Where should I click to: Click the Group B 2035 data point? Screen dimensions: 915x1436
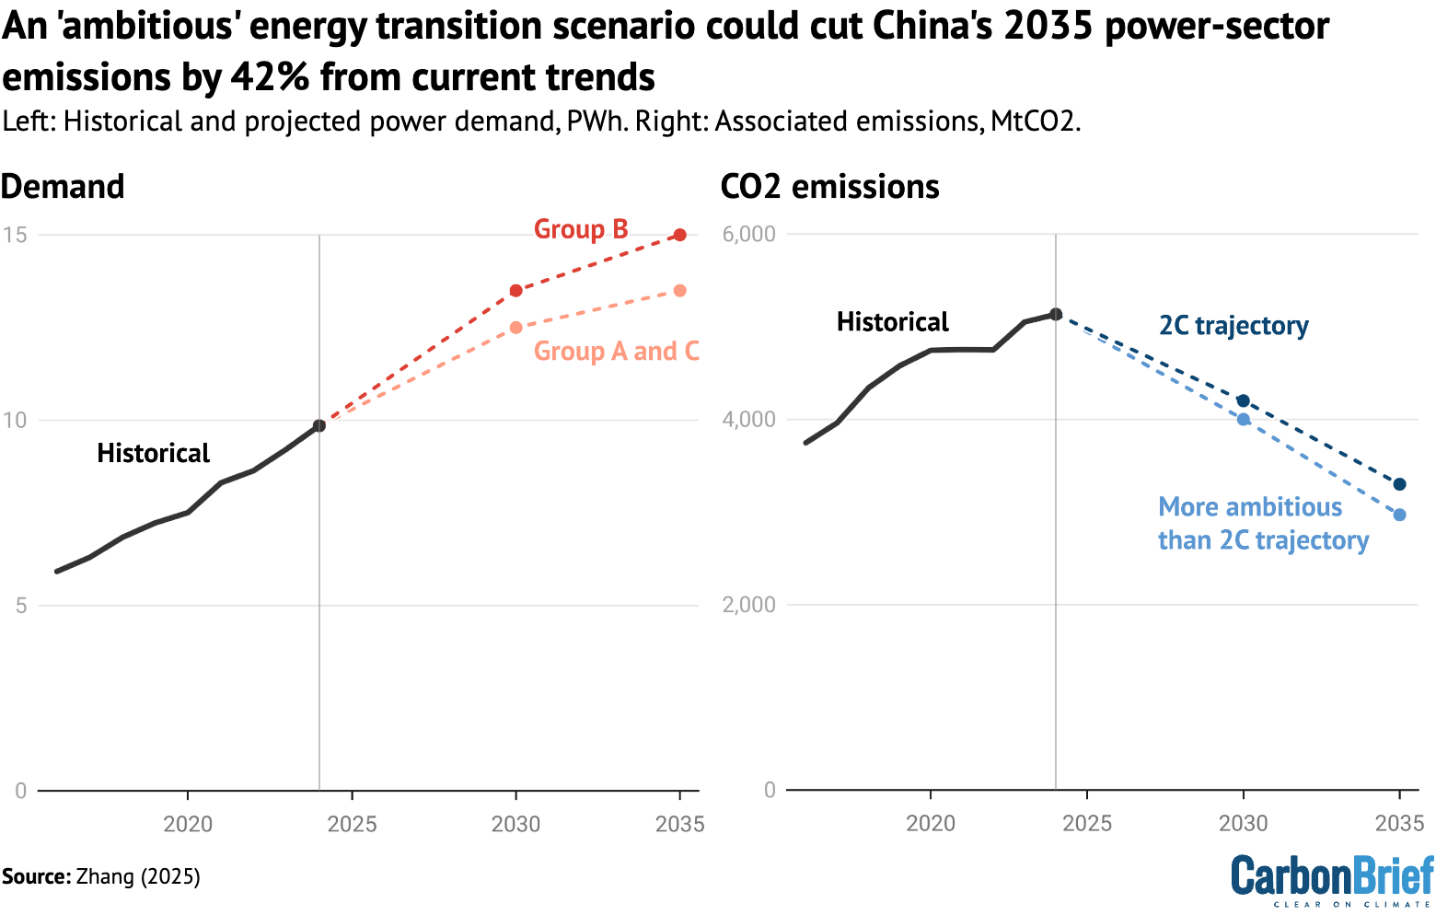[680, 235]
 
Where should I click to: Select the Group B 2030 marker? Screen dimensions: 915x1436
[516, 291]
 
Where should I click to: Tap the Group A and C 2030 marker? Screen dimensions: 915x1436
[516, 328]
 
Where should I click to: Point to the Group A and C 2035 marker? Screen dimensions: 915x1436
[680, 291]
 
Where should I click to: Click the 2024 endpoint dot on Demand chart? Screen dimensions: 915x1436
[319, 425]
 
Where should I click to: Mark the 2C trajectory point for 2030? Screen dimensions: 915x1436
[1244, 400]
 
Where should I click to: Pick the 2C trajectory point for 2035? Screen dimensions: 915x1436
[1400, 484]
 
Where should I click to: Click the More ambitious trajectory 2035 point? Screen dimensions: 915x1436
[1400, 515]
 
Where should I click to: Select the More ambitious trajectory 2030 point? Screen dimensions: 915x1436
[1244, 420]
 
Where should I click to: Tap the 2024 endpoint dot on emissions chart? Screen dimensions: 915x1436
[1056, 314]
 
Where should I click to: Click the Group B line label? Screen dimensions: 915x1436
[581, 229]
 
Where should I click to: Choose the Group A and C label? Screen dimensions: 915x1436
[616, 352]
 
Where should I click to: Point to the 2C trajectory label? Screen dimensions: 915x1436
[1233, 326]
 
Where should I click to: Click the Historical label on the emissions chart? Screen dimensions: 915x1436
[892, 322]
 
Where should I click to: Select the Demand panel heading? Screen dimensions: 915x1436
[63, 187]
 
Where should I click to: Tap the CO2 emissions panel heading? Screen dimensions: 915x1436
[829, 187]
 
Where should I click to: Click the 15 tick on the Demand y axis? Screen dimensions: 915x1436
[15, 235]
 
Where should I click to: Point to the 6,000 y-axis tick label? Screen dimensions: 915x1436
[749, 234]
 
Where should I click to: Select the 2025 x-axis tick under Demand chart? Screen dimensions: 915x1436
[353, 824]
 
